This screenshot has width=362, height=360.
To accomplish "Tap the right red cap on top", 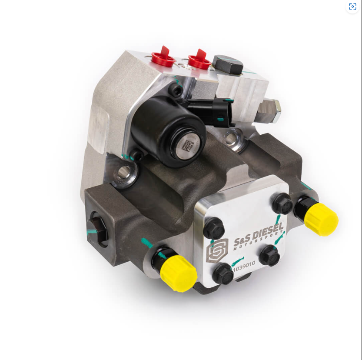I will pos(199,60).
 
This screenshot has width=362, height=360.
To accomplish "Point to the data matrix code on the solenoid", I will pos(187,146).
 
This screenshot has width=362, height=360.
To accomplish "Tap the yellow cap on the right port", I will pos(321,219).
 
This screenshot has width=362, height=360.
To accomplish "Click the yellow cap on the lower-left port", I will pos(178,273).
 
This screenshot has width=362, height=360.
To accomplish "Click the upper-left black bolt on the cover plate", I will pos(214,228).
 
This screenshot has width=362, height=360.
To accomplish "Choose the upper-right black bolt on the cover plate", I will pos(282,203).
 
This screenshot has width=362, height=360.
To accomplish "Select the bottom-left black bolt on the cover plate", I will pos(223,273).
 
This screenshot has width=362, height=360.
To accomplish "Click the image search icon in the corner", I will pos(352,7).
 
